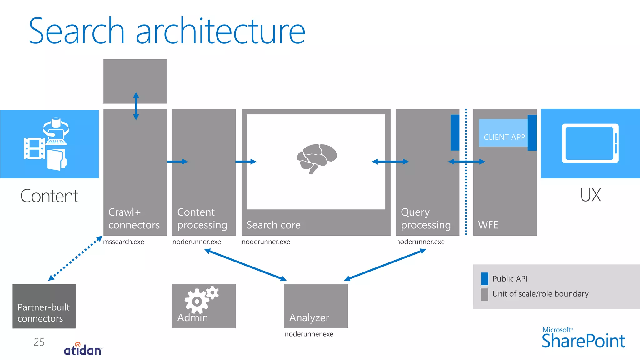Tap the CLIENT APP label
(504, 137)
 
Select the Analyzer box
(316, 306)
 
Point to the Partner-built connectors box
(44, 306)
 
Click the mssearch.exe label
(123, 242)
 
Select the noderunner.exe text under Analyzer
(309, 334)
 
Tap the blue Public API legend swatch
(484, 279)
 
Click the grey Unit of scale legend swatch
(484, 294)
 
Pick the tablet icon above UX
(590, 143)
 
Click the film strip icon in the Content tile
(34, 148)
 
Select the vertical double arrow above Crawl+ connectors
(136, 106)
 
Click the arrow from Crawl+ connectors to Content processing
(177, 162)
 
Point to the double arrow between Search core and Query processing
(390, 162)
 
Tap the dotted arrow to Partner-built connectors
(75, 258)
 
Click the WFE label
(488, 225)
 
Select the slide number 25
(39, 342)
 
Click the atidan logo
(83, 349)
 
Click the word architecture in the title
(220, 31)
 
